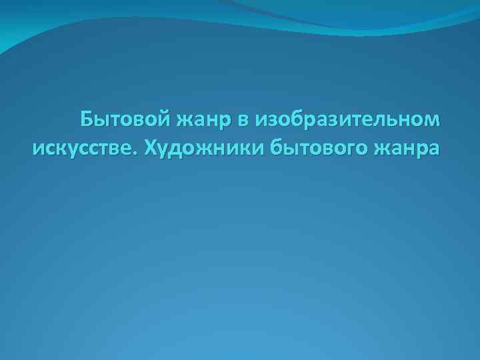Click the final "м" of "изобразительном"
tap(433, 121)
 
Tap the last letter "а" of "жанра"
tap(433, 148)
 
